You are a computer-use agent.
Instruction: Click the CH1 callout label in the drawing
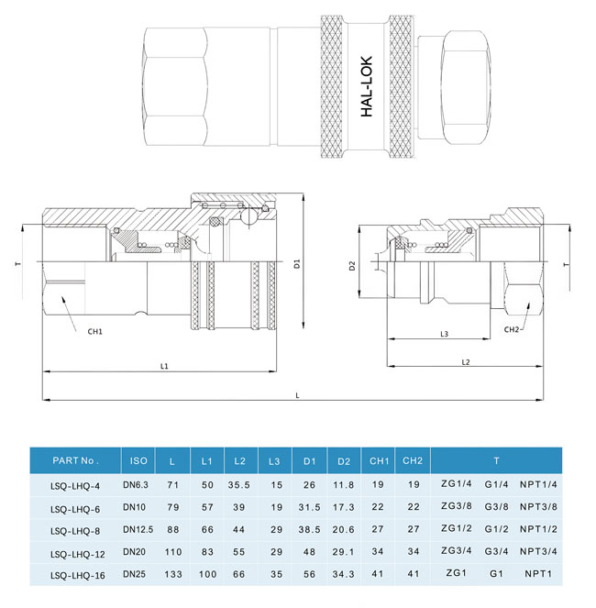pos(94,330)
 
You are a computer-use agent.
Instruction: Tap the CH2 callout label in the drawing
pos(512,329)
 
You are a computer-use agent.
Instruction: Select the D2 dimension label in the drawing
pos(352,267)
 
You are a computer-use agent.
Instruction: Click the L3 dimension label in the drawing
pos(443,335)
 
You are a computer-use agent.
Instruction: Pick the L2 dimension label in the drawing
pos(465,363)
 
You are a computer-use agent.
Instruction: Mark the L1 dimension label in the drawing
pos(165,366)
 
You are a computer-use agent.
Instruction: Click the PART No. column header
pos(75,460)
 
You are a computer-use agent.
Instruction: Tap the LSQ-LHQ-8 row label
pos(73,530)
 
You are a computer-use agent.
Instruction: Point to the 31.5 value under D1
pos(309,507)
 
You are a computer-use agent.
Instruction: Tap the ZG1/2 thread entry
pos(456,530)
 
